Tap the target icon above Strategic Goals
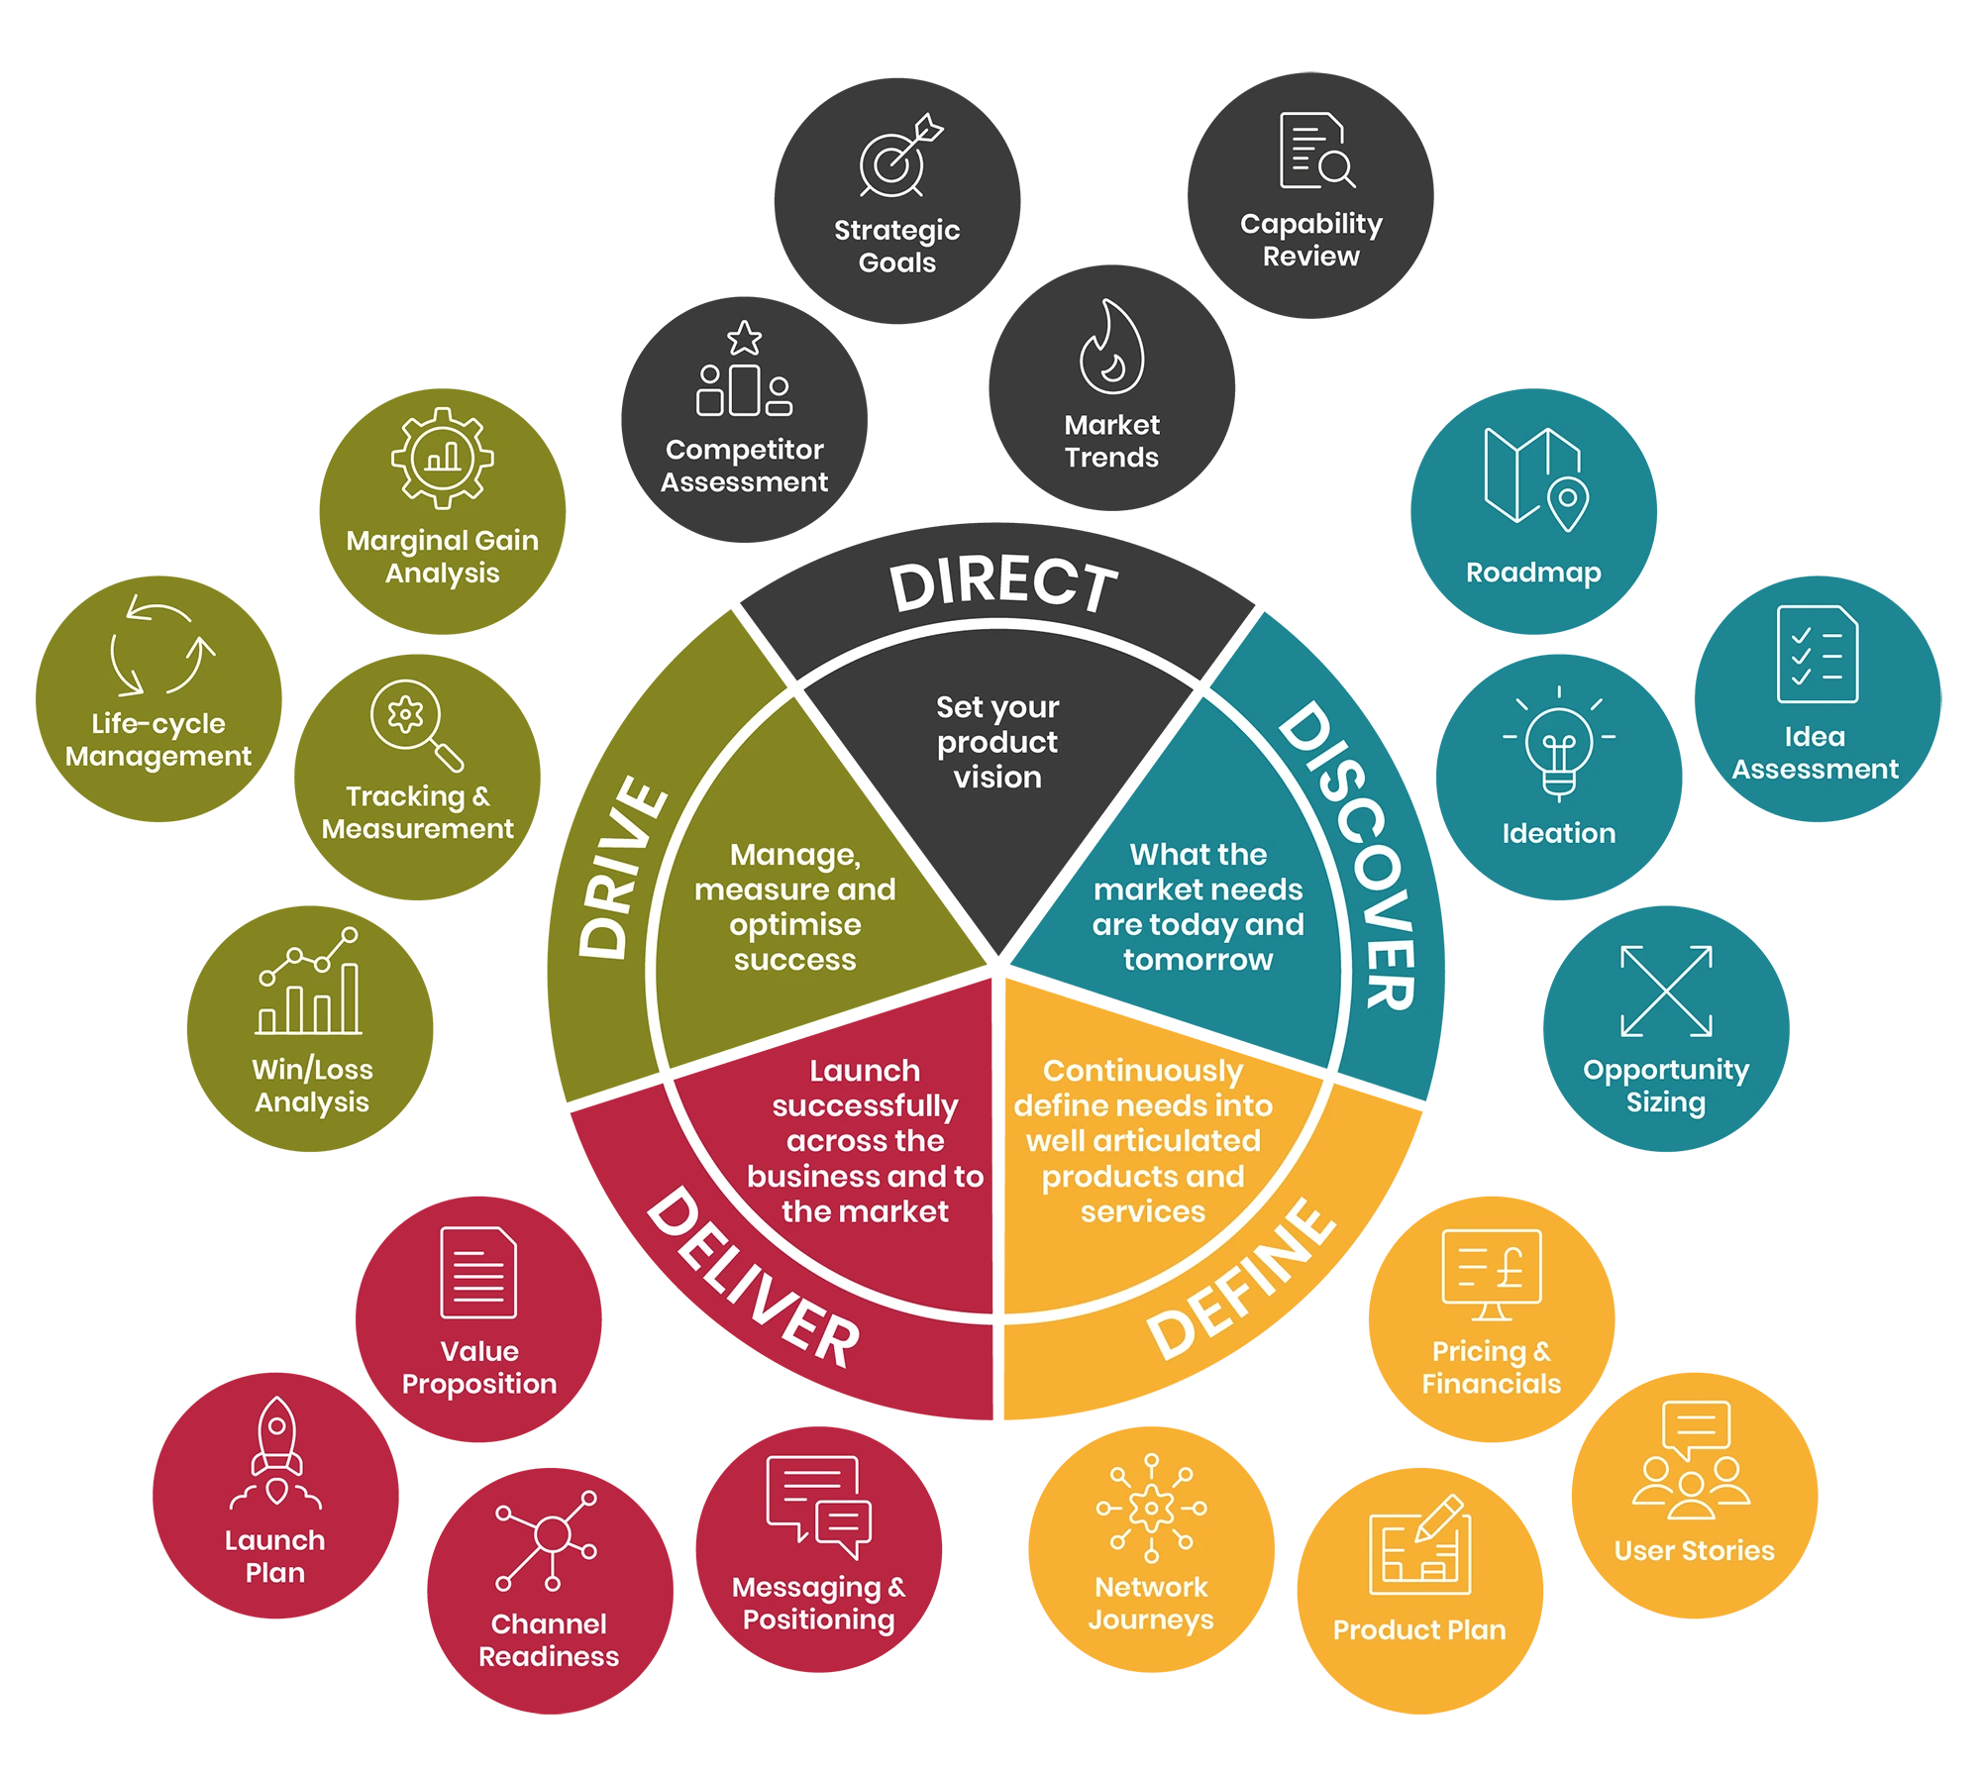897,158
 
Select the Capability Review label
1310,240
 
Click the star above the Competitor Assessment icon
744,338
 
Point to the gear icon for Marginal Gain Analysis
442,458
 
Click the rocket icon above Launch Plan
276,1451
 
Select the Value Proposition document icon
478,1273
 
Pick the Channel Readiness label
549,1639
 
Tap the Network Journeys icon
1151,1508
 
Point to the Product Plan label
1418,1629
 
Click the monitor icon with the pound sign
1491,1274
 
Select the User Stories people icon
1692,1461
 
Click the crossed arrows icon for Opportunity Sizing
1666,991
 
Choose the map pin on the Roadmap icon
1568,500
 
